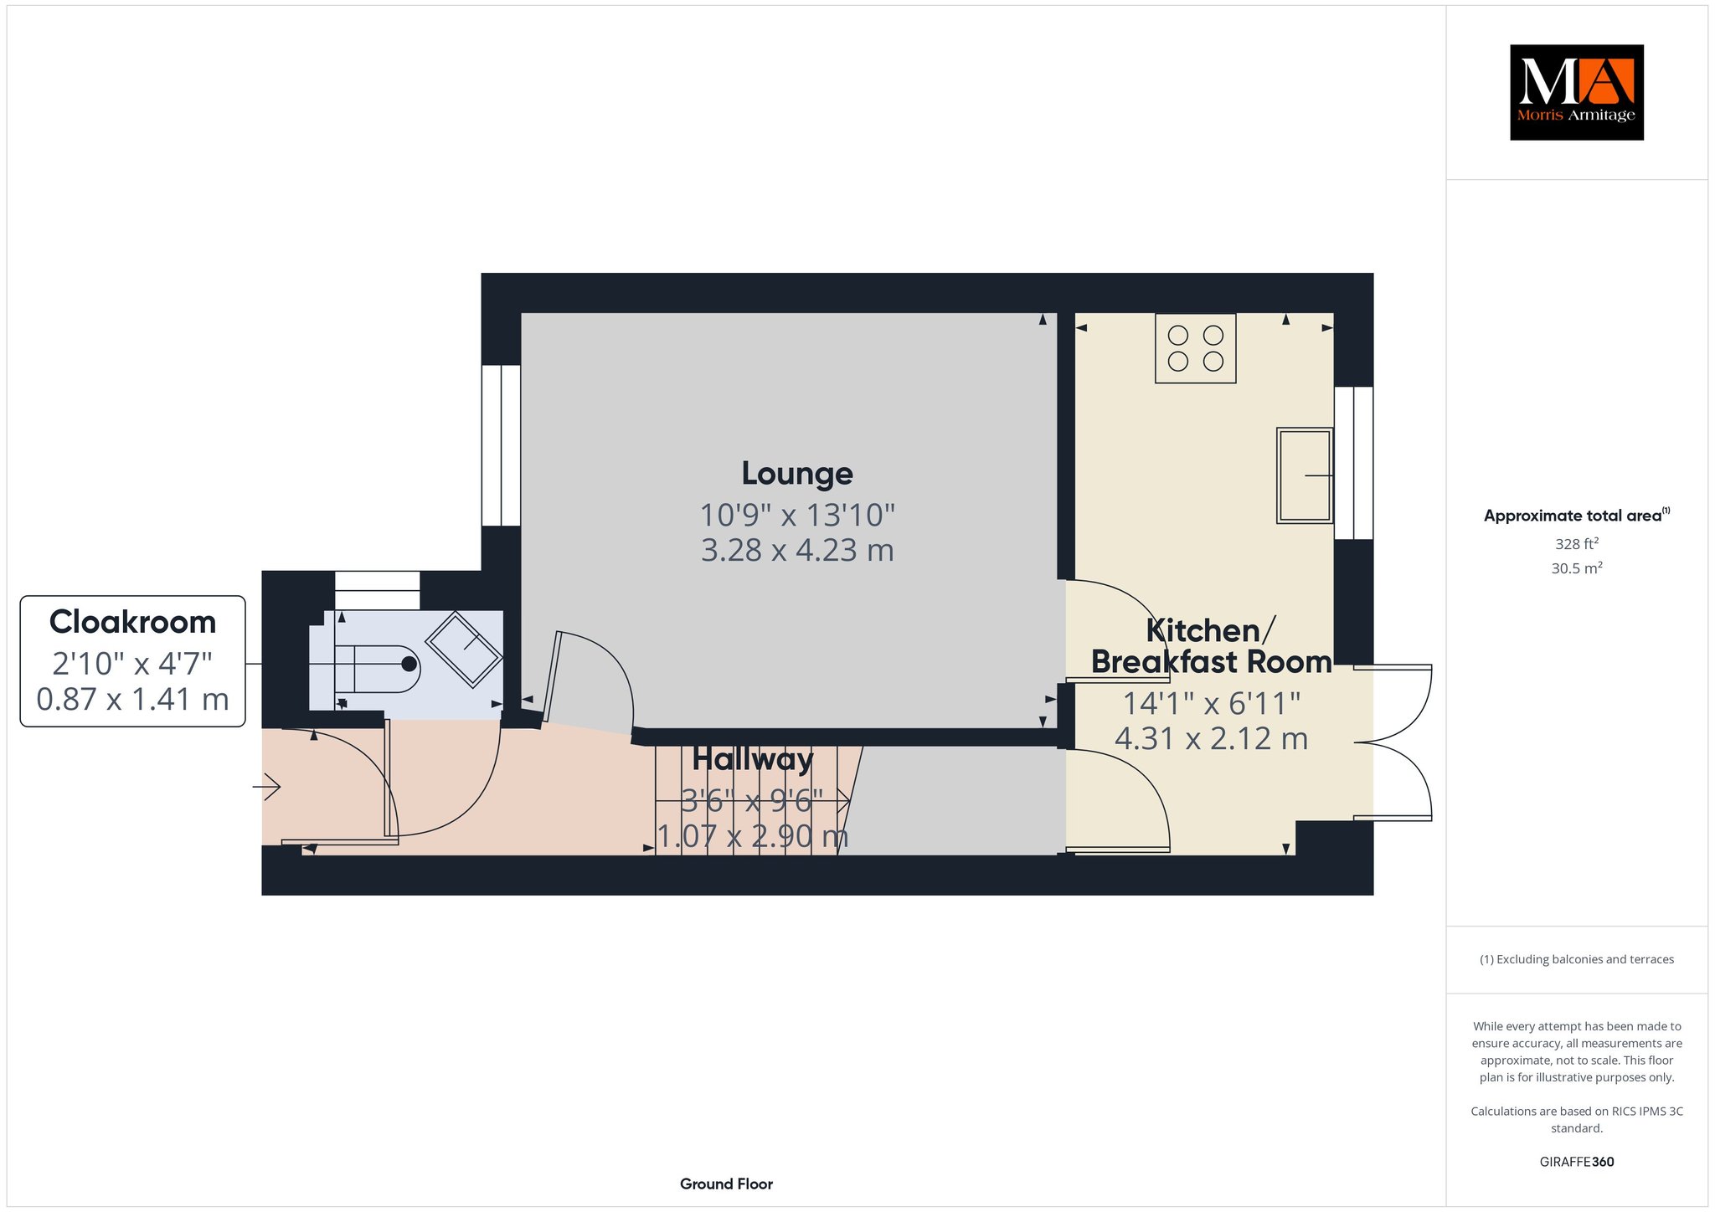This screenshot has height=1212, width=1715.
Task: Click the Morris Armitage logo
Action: point(1576,92)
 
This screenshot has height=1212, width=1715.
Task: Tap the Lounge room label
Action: point(797,474)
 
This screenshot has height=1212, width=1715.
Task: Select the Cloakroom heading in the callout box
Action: point(132,622)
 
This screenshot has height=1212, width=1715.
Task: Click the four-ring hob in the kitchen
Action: point(1195,348)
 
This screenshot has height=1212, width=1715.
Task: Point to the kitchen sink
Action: point(1304,475)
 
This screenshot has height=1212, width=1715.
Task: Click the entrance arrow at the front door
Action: point(267,787)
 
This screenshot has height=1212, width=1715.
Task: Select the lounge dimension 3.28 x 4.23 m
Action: point(797,551)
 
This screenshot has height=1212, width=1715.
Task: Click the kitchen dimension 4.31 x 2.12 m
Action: point(1211,739)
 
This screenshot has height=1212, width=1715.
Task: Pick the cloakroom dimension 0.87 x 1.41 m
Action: point(132,699)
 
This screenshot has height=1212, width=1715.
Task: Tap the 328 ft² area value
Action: point(1577,544)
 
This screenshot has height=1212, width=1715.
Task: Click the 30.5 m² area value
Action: point(1577,568)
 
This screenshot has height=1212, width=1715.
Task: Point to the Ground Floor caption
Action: point(726,1184)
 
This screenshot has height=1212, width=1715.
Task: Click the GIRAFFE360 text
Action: point(1577,1162)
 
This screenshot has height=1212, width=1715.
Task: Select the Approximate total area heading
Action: point(1577,516)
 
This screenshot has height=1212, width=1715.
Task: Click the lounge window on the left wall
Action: point(501,445)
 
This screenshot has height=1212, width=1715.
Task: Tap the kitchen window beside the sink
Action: point(1353,463)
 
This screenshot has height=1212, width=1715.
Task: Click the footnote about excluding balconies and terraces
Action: point(1577,959)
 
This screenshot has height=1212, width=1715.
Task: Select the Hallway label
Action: point(753,760)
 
